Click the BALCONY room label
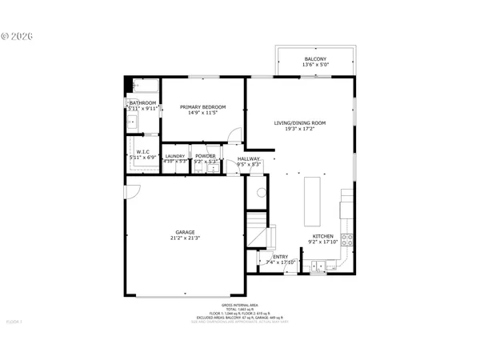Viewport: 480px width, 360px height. click(314, 59)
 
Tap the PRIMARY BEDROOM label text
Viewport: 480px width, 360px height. click(202, 107)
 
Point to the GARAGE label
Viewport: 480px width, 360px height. click(185, 232)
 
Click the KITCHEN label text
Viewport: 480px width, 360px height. click(322, 237)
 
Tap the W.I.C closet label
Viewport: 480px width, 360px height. click(144, 152)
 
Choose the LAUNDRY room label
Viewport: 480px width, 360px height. click(175, 156)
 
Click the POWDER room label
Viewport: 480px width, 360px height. click(206, 156)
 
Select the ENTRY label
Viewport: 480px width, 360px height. click(280, 256)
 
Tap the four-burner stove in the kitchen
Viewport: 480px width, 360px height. click(347, 238)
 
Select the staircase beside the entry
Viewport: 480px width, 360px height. click(256, 228)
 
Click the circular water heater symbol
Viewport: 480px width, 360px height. click(259, 193)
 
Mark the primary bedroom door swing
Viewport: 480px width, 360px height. click(233, 135)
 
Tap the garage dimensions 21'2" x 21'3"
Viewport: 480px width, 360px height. click(185, 238)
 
